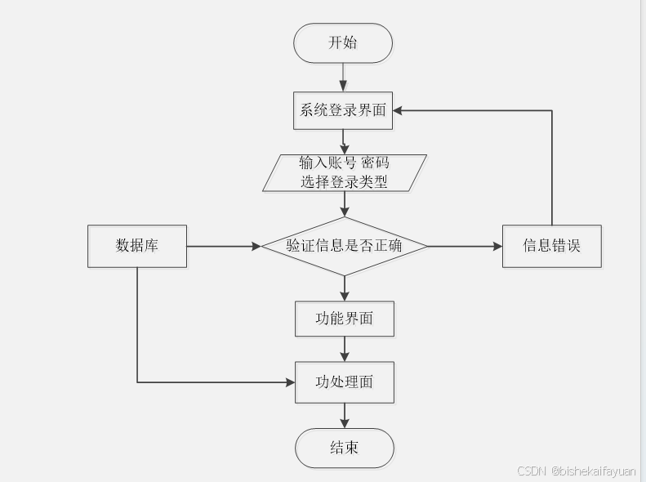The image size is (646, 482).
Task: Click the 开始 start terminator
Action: click(x=343, y=43)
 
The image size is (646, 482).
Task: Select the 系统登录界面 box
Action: click(x=343, y=110)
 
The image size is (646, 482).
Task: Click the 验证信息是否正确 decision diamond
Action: click(x=344, y=245)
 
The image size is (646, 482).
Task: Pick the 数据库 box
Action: click(x=137, y=245)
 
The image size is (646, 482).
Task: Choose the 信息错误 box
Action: click(x=552, y=245)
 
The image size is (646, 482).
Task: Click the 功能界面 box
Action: click(x=344, y=319)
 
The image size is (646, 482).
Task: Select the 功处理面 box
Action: click(x=344, y=382)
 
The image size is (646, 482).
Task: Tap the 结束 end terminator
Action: click(x=344, y=448)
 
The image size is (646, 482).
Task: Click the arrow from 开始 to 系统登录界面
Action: click(x=343, y=78)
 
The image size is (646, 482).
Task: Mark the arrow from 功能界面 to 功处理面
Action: click(x=344, y=349)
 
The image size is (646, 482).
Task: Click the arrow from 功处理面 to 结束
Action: click(x=344, y=415)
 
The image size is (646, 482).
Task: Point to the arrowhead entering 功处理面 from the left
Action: click(x=289, y=382)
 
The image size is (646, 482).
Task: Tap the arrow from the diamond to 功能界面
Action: click(x=344, y=288)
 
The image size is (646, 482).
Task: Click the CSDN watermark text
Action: click(x=577, y=471)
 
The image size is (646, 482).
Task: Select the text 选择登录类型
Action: click(x=344, y=182)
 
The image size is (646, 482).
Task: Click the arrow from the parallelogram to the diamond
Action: click(x=344, y=204)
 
